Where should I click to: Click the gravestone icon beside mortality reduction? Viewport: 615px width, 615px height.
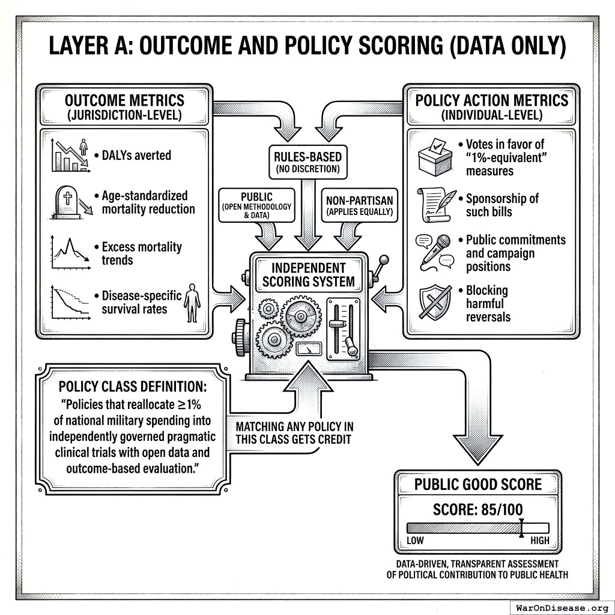click(67, 200)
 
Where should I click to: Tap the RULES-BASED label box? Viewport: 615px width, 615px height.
click(308, 163)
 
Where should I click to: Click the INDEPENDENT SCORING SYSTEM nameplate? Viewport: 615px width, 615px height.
click(308, 274)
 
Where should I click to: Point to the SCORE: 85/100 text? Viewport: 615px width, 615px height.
click(477, 510)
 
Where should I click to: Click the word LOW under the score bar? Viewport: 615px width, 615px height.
click(415, 541)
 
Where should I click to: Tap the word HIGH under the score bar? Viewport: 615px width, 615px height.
click(539, 541)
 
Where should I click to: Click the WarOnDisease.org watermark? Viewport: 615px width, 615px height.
click(562, 607)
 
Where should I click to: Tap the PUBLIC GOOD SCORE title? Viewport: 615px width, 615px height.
click(477, 485)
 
